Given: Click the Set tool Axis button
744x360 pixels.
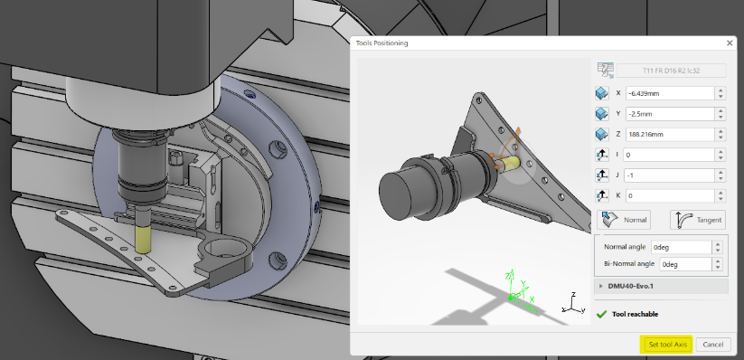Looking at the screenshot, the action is tap(667, 345).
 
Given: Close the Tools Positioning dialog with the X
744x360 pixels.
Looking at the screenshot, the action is tap(730, 43).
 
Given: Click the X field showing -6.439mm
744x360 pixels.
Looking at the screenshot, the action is tap(670, 93).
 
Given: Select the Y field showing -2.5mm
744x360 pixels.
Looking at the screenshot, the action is tap(670, 114).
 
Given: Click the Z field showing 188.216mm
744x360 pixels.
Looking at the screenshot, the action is tap(670, 135).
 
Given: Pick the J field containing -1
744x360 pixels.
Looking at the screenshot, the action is tap(670, 175).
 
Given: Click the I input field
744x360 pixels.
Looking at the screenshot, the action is tap(670, 155).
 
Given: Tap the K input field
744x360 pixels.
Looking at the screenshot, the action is tap(670, 195).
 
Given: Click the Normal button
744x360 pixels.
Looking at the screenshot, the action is tap(624, 220).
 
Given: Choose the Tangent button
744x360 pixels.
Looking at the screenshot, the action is tap(698, 220).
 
